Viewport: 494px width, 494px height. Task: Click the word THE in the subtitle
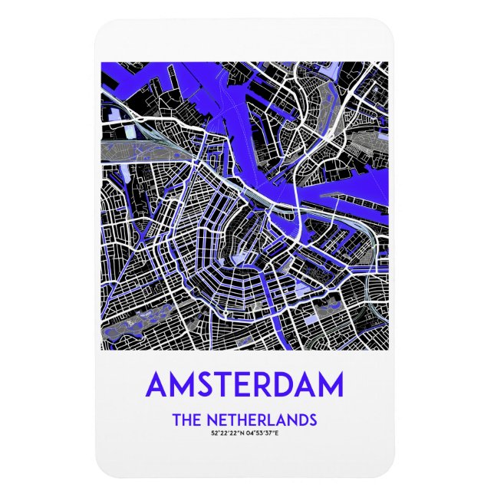(187, 420)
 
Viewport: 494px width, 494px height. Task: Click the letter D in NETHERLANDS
(301, 420)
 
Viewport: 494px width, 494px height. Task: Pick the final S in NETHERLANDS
(312, 420)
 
